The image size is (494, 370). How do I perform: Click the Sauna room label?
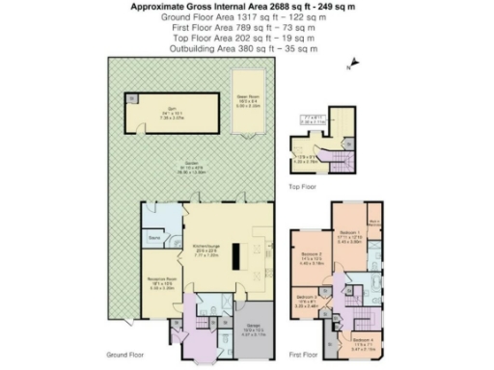pyautogui.click(x=152, y=235)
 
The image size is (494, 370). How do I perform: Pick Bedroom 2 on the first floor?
pyautogui.click(x=312, y=257)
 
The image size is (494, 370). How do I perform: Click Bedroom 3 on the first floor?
pyautogui.click(x=307, y=300)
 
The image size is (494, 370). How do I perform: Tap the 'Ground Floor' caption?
pyautogui.click(x=124, y=355)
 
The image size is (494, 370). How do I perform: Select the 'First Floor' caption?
pyautogui.click(x=304, y=355)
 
